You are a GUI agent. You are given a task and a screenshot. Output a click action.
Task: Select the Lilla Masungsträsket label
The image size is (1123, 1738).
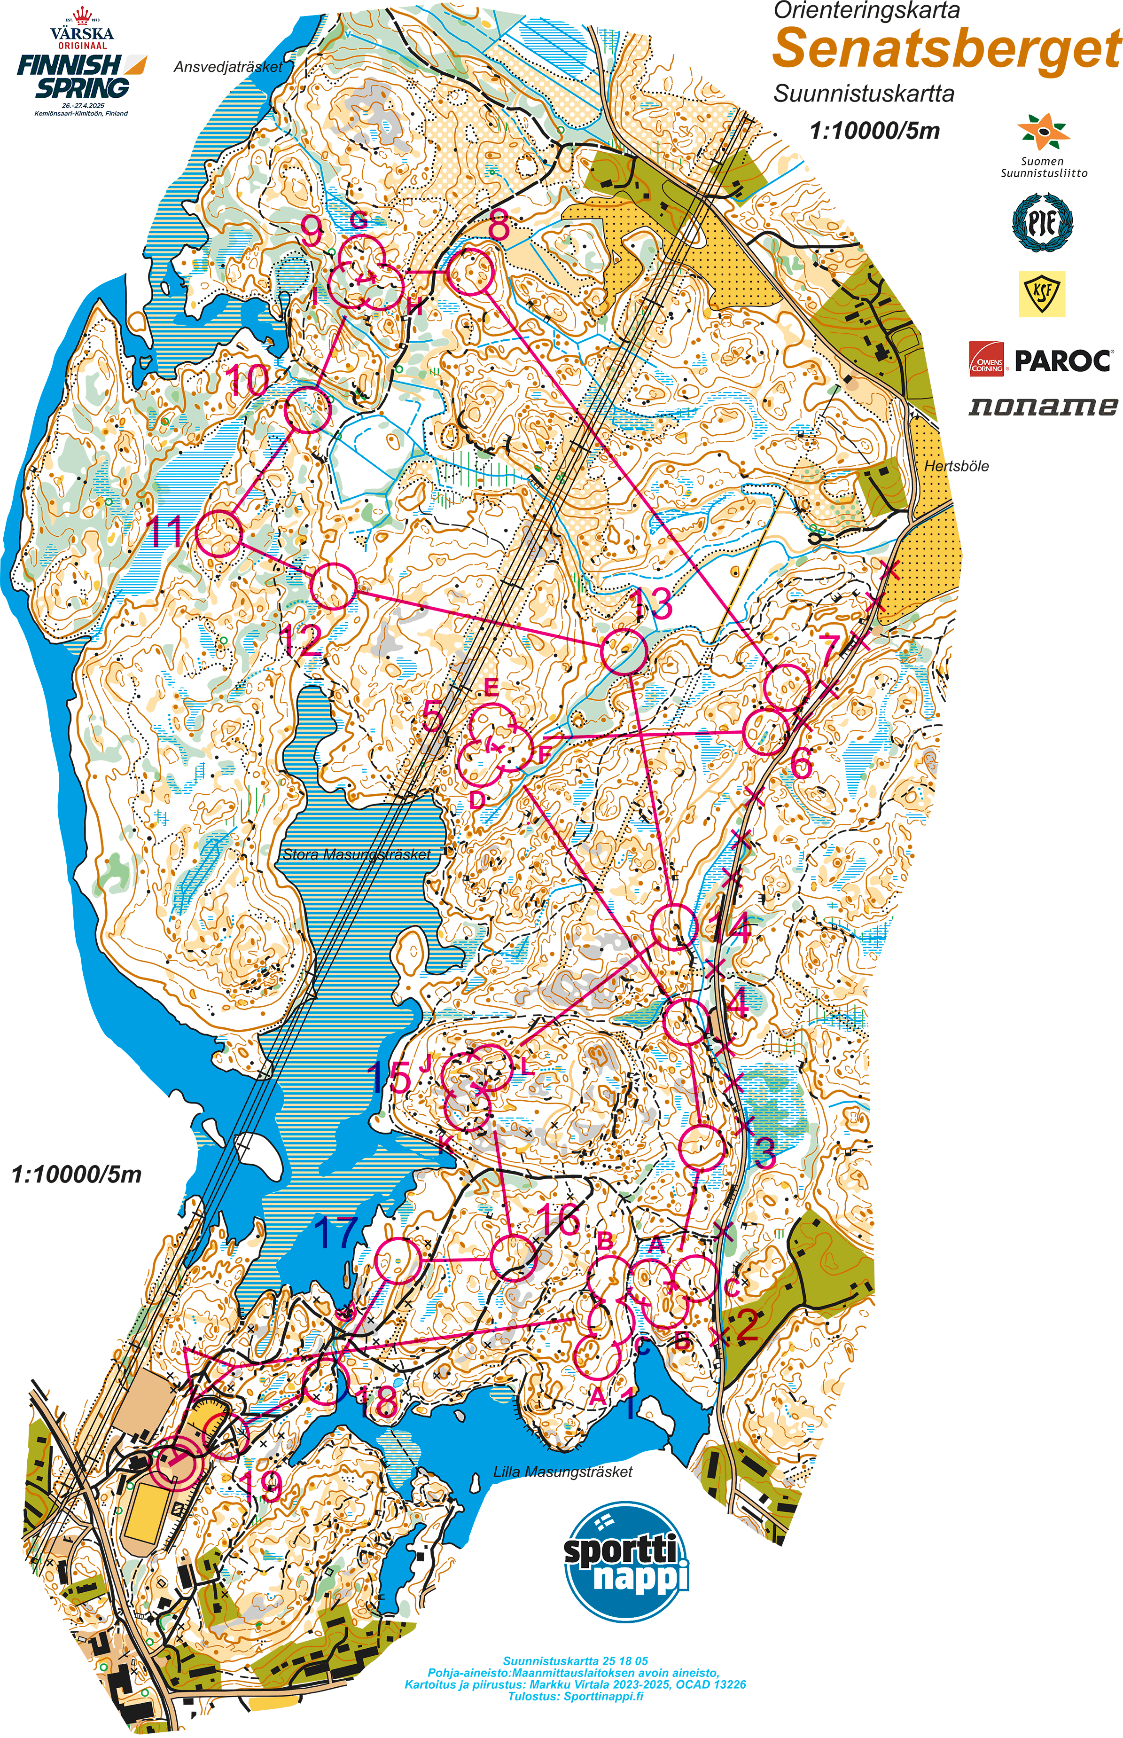563,1472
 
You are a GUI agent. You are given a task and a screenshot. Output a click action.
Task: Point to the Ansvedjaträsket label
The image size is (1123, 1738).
227,67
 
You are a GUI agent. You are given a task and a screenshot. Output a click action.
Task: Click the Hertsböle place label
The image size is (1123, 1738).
956,466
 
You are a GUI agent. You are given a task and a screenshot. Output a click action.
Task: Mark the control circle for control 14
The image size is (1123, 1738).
673,927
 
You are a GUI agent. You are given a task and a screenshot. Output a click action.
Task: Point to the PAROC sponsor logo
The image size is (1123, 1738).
1041,360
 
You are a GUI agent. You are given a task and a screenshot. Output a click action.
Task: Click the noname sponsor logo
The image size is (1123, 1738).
1042,406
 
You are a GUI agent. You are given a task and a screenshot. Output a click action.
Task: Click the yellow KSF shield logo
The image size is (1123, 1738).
1042,293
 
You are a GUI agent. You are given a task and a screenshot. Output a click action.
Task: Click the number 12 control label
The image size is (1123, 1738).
302,641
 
